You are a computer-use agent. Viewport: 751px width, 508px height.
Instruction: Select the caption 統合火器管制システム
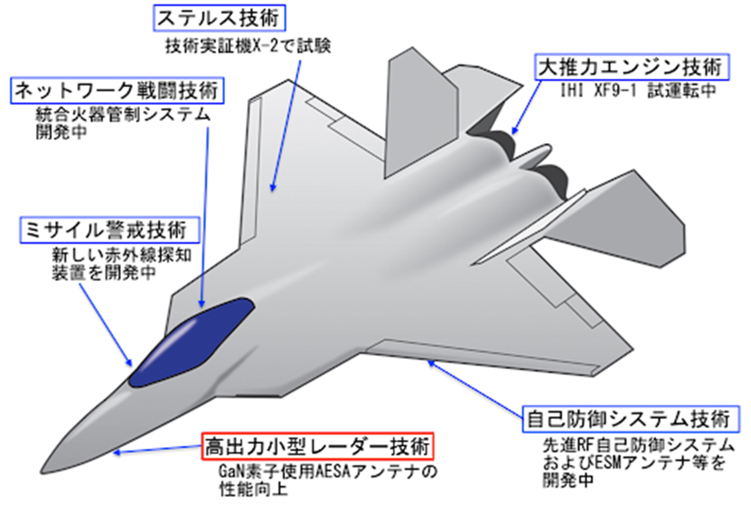[123, 115]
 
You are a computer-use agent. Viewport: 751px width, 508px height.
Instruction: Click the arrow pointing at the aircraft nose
[158, 450]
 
